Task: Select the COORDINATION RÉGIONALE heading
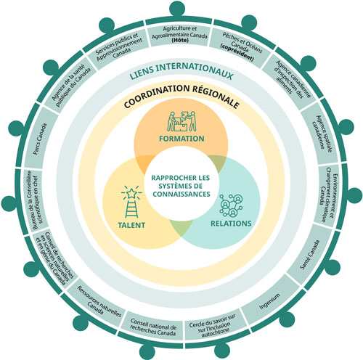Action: [181, 104]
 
